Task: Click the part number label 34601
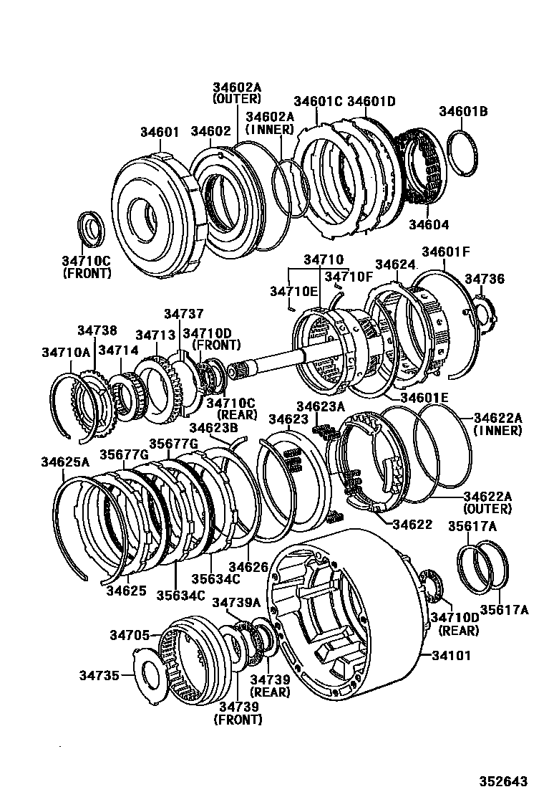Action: pos(160,132)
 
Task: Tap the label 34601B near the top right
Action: pos(463,111)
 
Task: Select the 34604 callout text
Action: pos(429,224)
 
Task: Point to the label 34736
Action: pos(485,278)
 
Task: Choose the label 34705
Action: pos(130,634)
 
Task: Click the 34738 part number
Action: pos(97,329)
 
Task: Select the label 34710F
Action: pos(349,277)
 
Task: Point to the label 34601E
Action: pos(424,397)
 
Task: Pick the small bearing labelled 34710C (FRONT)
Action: pos(91,229)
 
